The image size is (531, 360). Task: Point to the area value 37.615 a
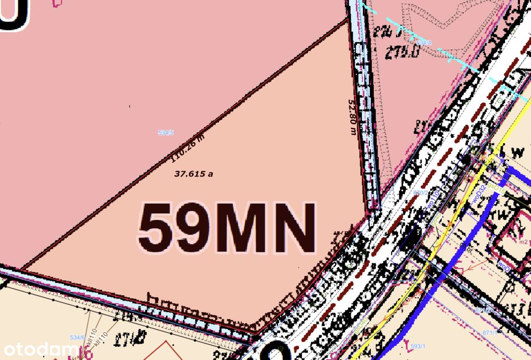pyautogui.click(x=193, y=174)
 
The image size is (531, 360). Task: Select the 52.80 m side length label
pyautogui.click(x=353, y=117)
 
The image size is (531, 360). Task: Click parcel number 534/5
pyautogui.click(x=166, y=133)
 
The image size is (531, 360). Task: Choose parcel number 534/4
pyautogui.click(x=424, y=43)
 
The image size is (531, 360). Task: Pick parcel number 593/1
pyautogui.click(x=418, y=346)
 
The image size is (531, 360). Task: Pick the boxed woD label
pyautogui.click(x=504, y=264)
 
